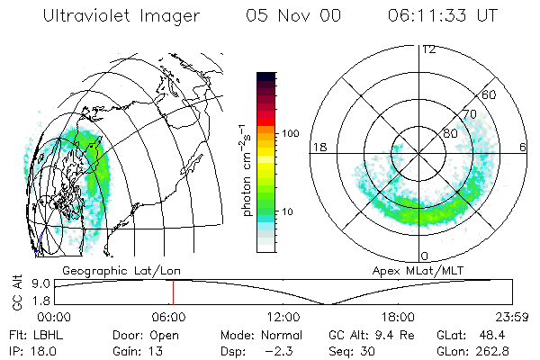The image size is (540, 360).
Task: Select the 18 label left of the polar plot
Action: [319, 147]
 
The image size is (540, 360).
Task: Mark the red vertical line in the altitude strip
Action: [173, 292]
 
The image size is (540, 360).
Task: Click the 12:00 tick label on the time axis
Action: [283, 317]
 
